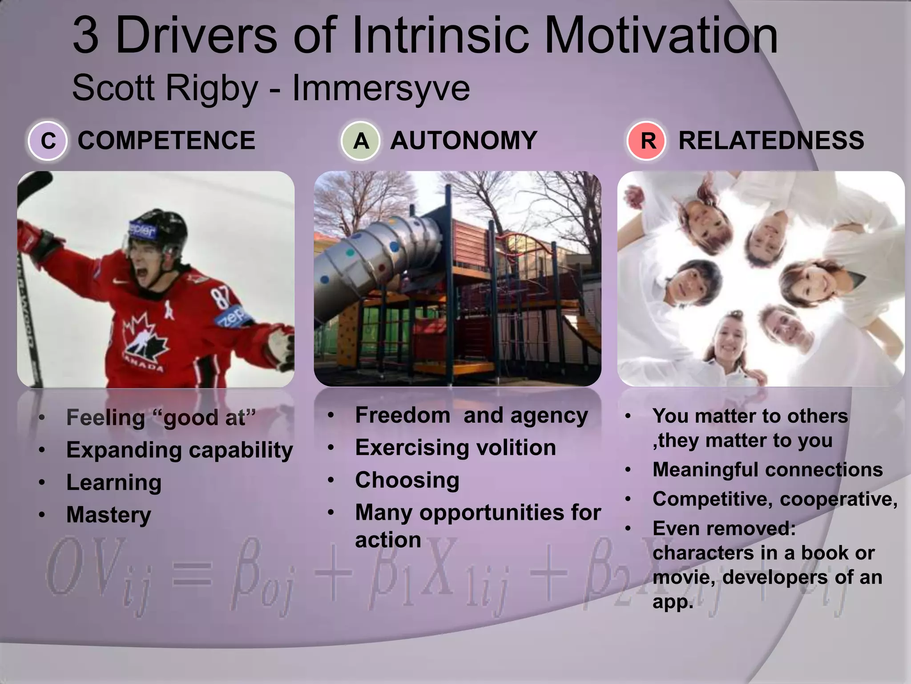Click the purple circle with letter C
point(48,141)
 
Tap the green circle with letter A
point(361,141)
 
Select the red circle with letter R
point(647,141)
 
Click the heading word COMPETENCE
point(166,141)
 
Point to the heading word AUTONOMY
point(464,141)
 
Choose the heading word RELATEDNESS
point(771,141)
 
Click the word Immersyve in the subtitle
point(381,88)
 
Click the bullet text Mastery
point(109,515)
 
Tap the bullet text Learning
point(114,482)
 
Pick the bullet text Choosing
point(407,480)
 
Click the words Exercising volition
point(455,448)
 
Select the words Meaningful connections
point(767,470)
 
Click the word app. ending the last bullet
point(672,602)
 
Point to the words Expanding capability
point(179,450)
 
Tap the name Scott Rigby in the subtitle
point(165,88)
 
